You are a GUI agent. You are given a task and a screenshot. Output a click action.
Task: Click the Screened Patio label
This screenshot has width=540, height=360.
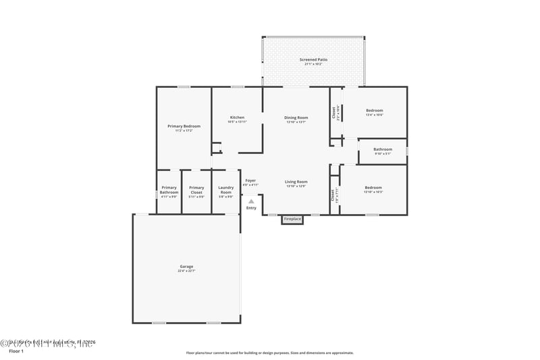click(313, 59)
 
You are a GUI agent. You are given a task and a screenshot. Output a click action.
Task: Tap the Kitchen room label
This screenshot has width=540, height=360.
click(237, 118)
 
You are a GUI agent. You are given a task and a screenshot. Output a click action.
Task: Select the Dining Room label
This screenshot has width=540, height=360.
click(296, 118)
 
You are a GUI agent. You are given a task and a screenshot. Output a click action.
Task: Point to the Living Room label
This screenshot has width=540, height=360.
click(296, 182)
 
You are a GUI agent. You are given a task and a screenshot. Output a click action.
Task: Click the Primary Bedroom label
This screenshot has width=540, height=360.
click(184, 126)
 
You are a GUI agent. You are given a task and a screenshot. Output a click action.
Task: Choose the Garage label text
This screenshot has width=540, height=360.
click(186, 266)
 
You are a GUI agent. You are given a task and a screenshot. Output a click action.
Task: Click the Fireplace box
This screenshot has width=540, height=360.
click(292, 220)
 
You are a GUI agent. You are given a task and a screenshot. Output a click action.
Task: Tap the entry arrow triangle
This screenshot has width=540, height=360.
click(251, 201)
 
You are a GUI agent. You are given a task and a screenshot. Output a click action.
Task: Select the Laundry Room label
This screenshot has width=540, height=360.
click(226, 190)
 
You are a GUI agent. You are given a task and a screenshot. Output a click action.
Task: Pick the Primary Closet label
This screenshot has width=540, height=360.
click(196, 190)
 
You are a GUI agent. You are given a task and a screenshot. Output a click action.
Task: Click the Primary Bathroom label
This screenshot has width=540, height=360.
click(169, 190)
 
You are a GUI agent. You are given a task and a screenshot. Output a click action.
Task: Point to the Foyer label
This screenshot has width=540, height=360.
click(250, 180)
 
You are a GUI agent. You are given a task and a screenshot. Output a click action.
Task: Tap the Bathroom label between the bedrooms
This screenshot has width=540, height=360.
click(383, 149)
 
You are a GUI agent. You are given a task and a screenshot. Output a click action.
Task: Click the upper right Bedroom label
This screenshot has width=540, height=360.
click(374, 110)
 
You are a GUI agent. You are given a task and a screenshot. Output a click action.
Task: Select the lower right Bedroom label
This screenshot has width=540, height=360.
click(373, 188)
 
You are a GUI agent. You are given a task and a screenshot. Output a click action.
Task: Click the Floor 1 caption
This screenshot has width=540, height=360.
click(16, 352)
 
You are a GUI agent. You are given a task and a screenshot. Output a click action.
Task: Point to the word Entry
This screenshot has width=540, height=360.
click(251, 207)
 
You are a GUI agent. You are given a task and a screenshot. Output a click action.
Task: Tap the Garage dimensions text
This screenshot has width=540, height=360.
click(186, 271)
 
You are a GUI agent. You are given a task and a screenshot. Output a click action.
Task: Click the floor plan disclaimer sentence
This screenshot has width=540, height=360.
click(269, 353)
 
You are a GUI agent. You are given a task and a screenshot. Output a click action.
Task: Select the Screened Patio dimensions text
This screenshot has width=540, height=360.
click(313, 64)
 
